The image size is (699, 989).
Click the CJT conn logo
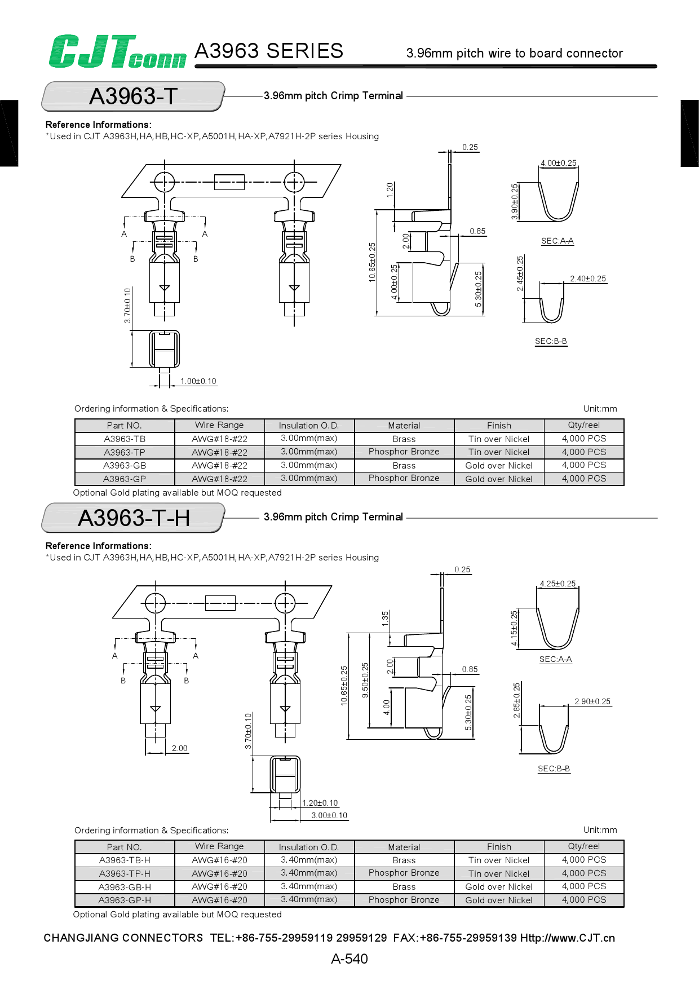pyautogui.click(x=117, y=51)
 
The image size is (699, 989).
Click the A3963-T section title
pyautogui.click(x=134, y=96)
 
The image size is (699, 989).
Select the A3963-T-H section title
pyautogui.click(x=134, y=518)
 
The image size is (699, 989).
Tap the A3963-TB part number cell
pyautogui.click(x=125, y=439)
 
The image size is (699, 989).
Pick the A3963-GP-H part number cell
pyautogui.click(x=125, y=900)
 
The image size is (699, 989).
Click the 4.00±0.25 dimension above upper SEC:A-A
pyautogui.click(x=558, y=163)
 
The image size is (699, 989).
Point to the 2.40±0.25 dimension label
pyautogui.click(x=587, y=279)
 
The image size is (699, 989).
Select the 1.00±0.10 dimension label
pyautogui.click(x=198, y=381)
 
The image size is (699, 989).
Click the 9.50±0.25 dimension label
pyautogui.click(x=365, y=680)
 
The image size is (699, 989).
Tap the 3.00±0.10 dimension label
pyautogui.click(x=329, y=815)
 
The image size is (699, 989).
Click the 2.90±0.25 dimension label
pyautogui.click(x=592, y=701)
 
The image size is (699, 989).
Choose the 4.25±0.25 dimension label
pyautogui.click(x=558, y=584)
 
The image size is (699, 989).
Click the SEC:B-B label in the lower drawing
pyautogui.click(x=554, y=769)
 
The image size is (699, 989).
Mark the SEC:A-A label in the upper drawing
pyautogui.click(x=557, y=241)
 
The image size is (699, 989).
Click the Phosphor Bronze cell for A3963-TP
pyautogui.click(x=404, y=452)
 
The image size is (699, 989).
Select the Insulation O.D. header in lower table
pyautogui.click(x=309, y=847)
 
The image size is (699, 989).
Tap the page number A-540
pyautogui.click(x=349, y=959)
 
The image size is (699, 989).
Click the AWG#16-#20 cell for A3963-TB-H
pyautogui.click(x=219, y=860)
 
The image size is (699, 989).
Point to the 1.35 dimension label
pyautogui.click(x=385, y=618)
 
